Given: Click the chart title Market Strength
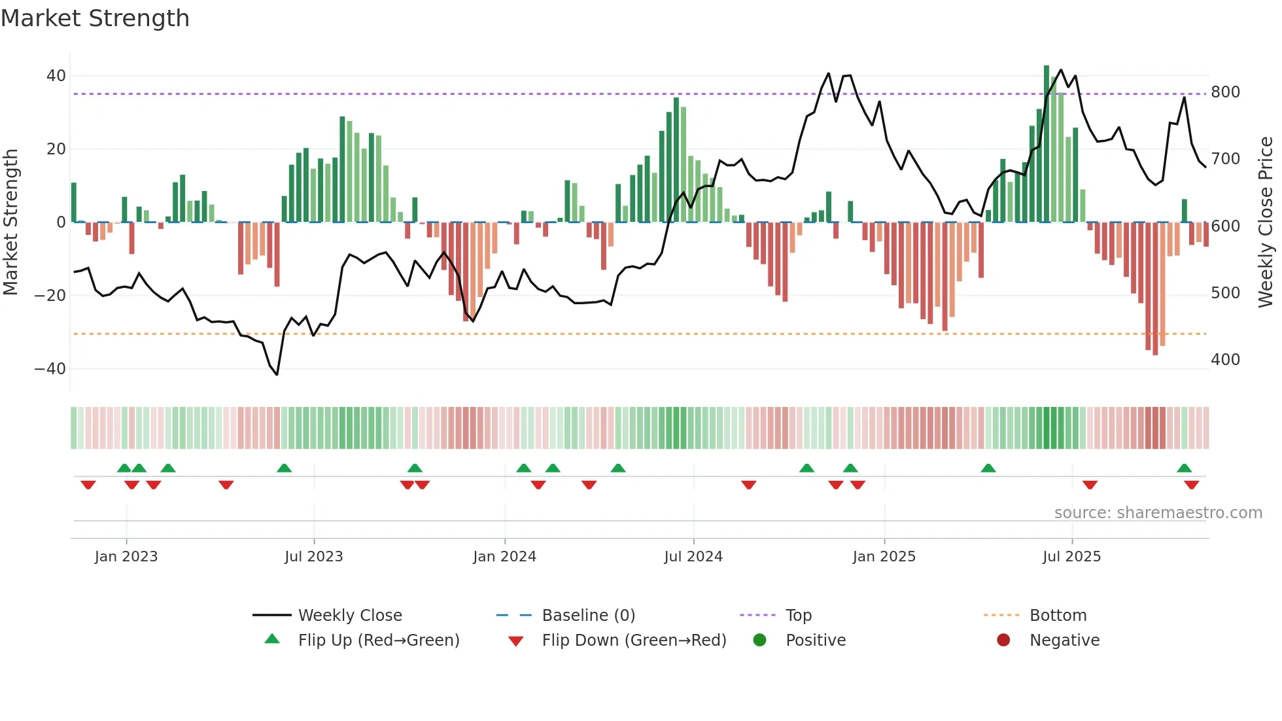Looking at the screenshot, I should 95,18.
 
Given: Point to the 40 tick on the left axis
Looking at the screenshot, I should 56,76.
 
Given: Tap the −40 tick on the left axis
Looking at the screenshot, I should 50,369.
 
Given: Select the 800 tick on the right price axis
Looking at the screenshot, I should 1225,92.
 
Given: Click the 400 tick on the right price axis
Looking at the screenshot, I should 1225,360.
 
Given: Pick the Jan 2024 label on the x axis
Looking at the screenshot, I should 504,557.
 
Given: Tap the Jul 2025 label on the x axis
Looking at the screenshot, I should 1071,557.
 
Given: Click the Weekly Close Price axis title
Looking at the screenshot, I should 1266,222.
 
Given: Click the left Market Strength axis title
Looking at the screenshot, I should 11,222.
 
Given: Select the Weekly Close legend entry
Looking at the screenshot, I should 350,616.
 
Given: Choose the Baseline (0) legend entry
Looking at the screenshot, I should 588,616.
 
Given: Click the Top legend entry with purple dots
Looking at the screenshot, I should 798,616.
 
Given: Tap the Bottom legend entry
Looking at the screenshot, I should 1058,616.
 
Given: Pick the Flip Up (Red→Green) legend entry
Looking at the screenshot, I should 378,641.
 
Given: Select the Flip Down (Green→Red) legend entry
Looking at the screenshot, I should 634,641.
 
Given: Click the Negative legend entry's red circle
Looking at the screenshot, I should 1003,640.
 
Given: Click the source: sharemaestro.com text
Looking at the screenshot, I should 1158,513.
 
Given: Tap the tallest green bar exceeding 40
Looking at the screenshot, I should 1047,144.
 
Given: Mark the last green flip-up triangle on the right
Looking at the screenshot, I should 1184,468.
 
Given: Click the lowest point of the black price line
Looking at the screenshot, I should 277,374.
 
